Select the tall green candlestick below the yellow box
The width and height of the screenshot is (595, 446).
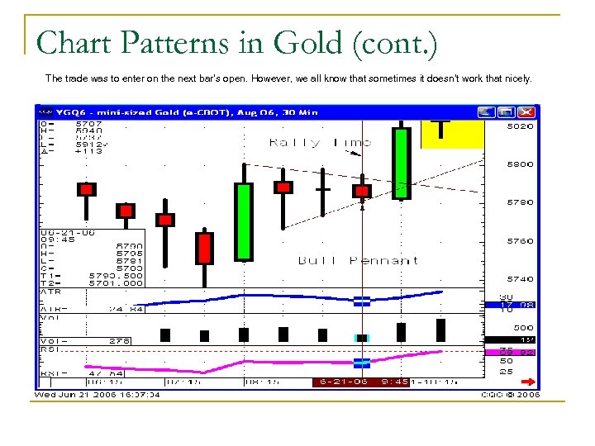coord(402,164)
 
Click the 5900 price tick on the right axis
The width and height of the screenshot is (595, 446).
coord(521,164)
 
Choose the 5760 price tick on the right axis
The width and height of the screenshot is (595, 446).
coord(521,241)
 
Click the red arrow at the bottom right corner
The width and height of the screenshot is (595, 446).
coord(528,382)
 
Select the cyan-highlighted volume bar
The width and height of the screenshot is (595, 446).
coord(362,338)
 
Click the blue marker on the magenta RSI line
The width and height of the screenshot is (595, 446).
coord(362,363)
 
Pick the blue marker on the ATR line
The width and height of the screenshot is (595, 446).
coord(362,301)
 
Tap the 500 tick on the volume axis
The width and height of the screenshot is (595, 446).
coord(524,328)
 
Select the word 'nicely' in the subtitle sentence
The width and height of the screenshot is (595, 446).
coord(515,79)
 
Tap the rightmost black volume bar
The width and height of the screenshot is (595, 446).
coord(441,330)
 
